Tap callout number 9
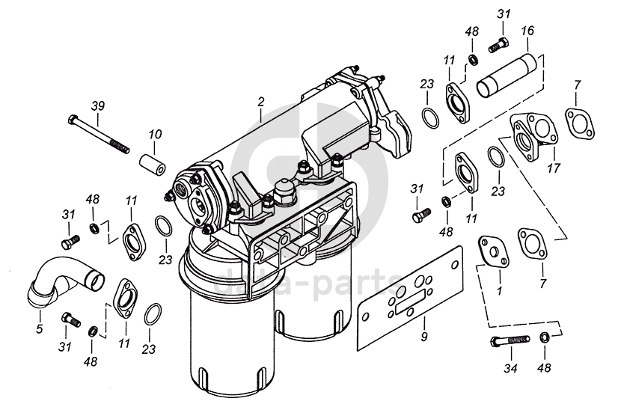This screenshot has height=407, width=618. (x=424, y=337)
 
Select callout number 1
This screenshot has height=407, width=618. (x=499, y=287)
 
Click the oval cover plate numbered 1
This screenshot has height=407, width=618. (x=492, y=250)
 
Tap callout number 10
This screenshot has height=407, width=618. (x=154, y=135)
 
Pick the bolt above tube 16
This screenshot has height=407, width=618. (x=498, y=44)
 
